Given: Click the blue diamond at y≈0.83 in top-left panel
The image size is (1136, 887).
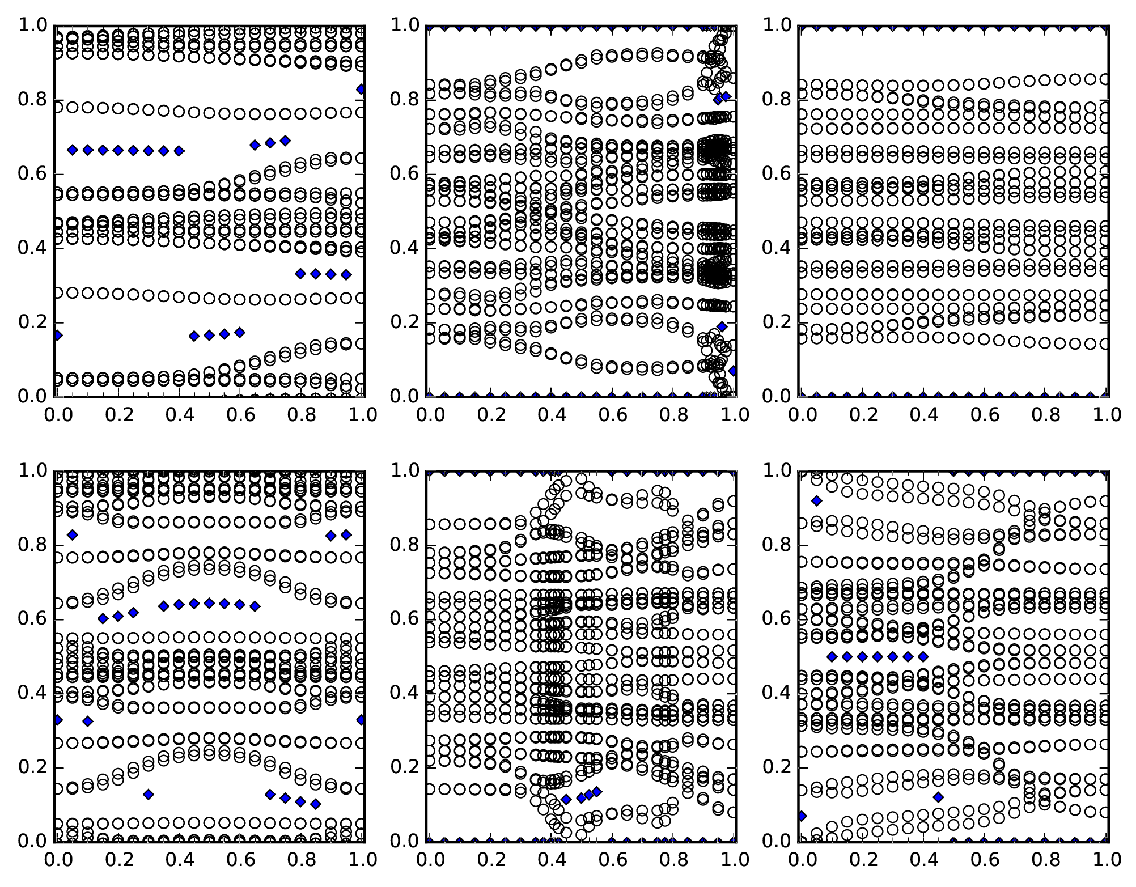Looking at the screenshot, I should click(x=361, y=89).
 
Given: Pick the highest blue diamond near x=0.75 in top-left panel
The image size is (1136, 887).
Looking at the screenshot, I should click(x=285, y=140).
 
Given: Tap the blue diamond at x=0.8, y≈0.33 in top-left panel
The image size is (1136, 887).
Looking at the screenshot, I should click(x=300, y=274).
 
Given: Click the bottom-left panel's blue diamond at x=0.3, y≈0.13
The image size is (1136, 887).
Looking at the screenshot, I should click(x=149, y=794).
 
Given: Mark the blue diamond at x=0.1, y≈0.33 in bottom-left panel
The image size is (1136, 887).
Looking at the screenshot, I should click(x=87, y=721).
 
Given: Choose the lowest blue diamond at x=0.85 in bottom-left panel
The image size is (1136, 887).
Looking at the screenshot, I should click(x=316, y=804).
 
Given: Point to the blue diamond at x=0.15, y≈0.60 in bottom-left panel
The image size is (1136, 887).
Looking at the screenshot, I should click(x=103, y=618).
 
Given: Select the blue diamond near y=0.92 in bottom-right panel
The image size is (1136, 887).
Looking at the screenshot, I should click(x=816, y=500).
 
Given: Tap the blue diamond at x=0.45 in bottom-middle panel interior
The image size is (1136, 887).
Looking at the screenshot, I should click(x=566, y=799).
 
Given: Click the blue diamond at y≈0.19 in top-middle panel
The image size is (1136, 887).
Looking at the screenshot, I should click(x=722, y=326).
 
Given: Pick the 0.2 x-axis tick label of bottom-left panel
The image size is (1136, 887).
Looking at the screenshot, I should click(x=118, y=859).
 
